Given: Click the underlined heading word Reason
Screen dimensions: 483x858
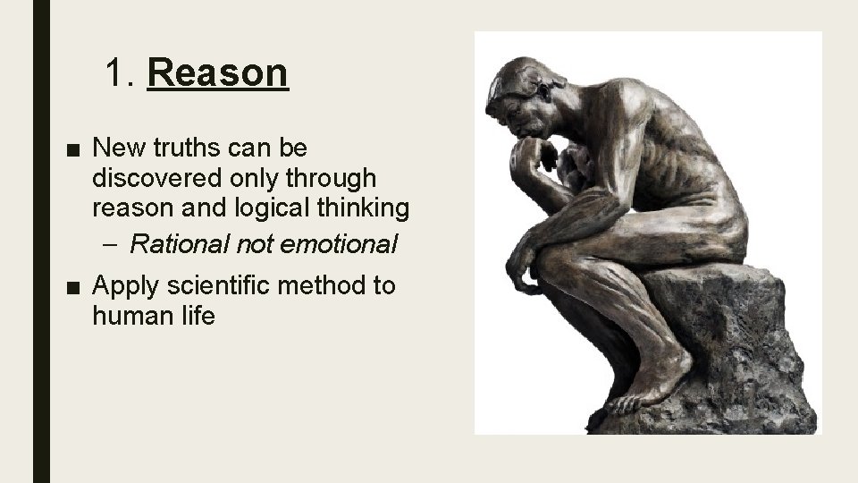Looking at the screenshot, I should point(218,72).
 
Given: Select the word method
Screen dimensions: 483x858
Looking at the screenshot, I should point(321,285).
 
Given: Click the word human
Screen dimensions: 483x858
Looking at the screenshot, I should point(126,317).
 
